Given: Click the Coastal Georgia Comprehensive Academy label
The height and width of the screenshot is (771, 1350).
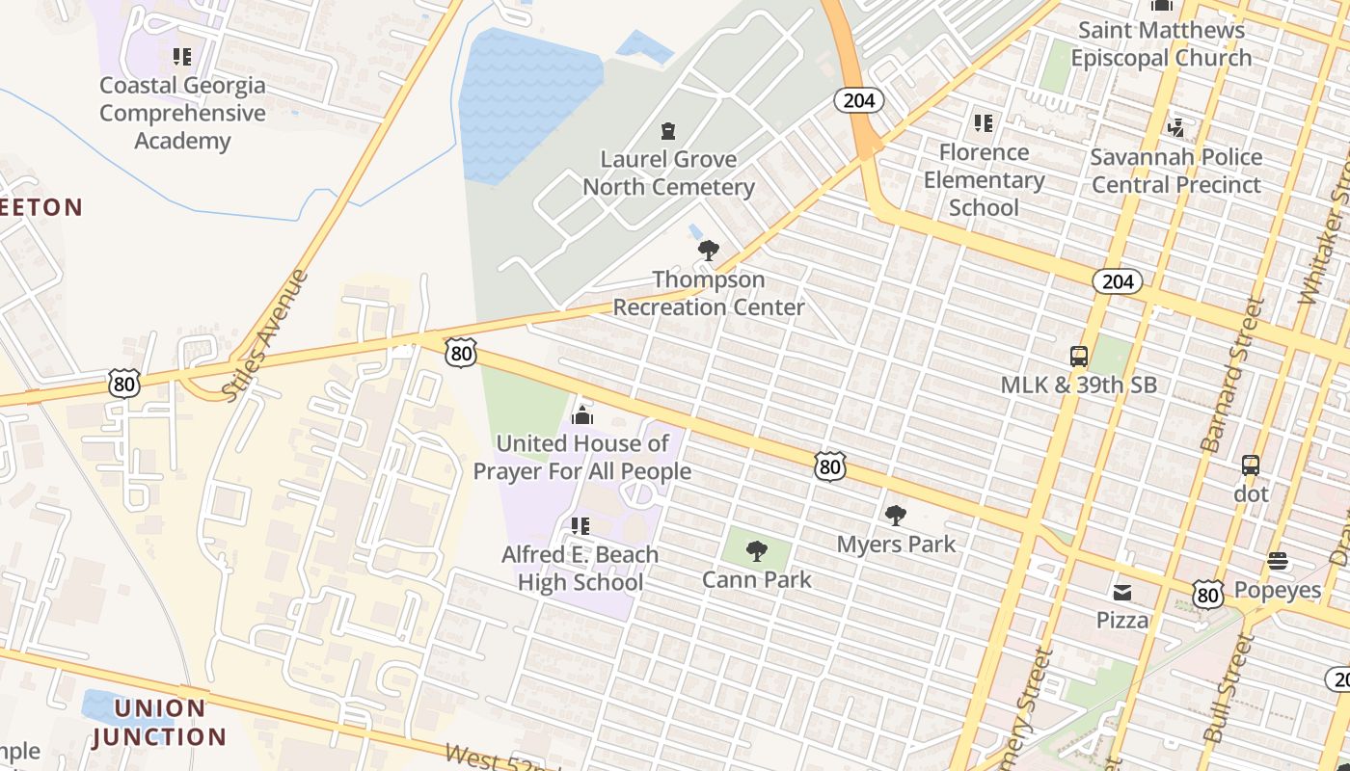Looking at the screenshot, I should point(182,113).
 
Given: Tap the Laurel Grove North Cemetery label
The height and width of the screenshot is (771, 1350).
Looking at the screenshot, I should point(668,173).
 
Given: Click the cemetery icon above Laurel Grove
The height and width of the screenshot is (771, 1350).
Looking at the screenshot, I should point(667,130).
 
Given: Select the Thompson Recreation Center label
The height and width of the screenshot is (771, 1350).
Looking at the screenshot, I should point(709,293).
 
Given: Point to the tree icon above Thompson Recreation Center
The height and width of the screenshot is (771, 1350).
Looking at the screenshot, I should point(709,251).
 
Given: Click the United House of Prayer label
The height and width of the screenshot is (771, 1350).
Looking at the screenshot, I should point(582,457).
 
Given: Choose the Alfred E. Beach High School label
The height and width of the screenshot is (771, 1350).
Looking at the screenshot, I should point(580,569).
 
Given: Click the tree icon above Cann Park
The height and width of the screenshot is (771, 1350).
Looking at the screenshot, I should point(757,551).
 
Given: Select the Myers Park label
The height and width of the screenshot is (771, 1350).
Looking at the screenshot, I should point(896,544).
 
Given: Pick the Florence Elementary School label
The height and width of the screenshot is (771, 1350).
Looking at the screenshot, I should point(984,179).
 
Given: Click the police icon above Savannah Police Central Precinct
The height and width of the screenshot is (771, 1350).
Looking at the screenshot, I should point(1175,126).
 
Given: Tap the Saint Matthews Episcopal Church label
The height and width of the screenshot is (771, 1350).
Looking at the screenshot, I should point(1161,43).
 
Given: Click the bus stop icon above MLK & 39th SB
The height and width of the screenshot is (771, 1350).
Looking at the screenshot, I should point(1079,357).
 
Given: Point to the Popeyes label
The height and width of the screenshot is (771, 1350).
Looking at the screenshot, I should point(1278,590).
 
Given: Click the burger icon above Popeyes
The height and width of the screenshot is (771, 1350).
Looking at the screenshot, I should point(1278,560).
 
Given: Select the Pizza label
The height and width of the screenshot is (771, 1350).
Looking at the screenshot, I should point(1122,620).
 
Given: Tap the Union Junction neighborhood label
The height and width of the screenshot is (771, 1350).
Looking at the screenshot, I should point(159,723).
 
